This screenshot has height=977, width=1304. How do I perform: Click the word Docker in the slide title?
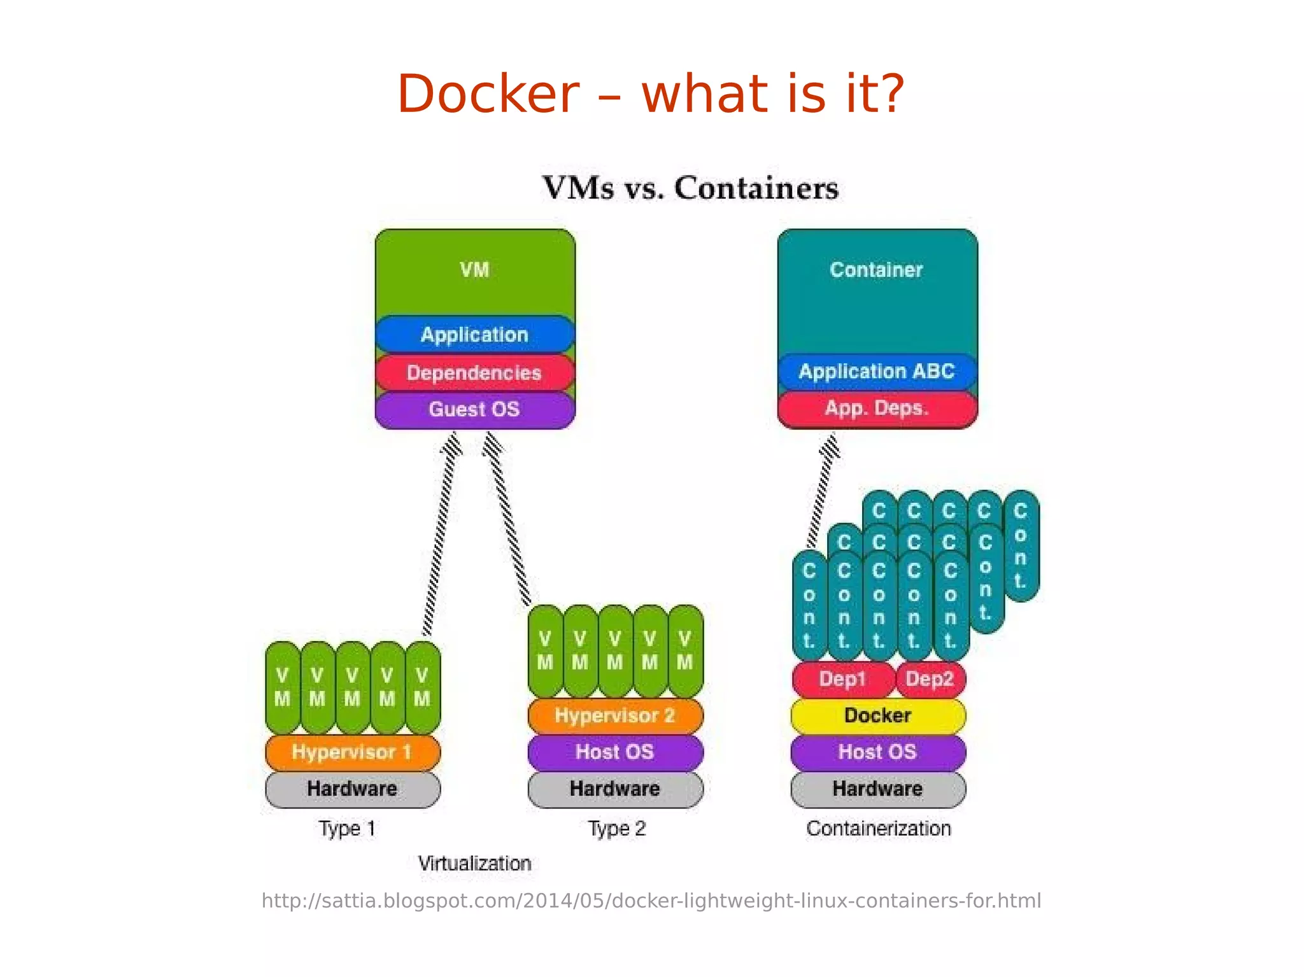[x=488, y=94]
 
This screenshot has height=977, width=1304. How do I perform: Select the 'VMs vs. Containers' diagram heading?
[x=690, y=188]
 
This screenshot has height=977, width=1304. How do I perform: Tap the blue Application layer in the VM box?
[x=474, y=335]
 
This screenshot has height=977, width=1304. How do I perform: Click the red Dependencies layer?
[x=474, y=372]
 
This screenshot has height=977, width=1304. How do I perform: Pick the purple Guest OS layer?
[x=474, y=409]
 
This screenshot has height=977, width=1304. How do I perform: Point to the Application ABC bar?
[x=877, y=371]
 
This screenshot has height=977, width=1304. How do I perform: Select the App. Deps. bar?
[x=877, y=408]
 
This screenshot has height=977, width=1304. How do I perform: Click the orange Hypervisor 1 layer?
[x=352, y=752]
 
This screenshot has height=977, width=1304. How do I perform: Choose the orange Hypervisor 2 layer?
[x=615, y=715]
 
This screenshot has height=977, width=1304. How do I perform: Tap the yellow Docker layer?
[x=877, y=715]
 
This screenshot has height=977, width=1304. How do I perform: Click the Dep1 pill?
[x=842, y=678]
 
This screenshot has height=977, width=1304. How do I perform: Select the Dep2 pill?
[x=930, y=678]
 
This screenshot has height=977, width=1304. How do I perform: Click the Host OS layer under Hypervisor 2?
[x=615, y=752]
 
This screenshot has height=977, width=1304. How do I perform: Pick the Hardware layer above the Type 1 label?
[x=352, y=789]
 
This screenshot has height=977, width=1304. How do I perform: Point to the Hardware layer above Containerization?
[x=877, y=789]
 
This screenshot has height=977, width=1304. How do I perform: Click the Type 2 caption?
[x=616, y=829]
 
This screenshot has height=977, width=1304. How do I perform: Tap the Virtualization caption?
[x=474, y=864]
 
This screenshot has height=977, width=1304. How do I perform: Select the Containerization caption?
[x=879, y=829]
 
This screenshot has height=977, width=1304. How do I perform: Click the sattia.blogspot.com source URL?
[x=651, y=901]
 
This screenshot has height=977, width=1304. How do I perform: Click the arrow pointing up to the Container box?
[x=822, y=490]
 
